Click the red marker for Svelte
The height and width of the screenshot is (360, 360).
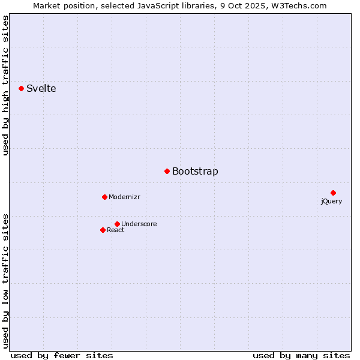[x=21, y=88]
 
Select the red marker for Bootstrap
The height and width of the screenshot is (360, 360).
[x=167, y=171]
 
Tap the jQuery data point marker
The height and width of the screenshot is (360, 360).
[x=333, y=193]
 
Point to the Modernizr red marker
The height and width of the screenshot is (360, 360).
[x=104, y=197]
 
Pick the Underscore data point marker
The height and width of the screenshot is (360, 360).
[x=117, y=224]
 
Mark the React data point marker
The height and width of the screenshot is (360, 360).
[x=103, y=230]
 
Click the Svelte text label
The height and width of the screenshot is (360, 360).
[x=41, y=88]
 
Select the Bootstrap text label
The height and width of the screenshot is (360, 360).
[x=195, y=171]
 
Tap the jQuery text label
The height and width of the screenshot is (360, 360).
[x=331, y=201]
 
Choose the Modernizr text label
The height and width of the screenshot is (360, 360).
[x=124, y=197]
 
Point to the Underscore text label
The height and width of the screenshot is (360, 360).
[x=139, y=224]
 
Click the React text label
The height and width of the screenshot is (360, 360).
[x=116, y=230]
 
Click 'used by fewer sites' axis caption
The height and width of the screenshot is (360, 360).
[x=62, y=355]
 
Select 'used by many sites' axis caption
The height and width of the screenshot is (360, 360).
[x=301, y=355]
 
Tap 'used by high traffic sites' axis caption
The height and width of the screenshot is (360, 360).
[x=6, y=85]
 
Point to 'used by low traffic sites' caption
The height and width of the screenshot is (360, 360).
[x=6, y=280]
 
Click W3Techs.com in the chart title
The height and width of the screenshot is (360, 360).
[x=298, y=5]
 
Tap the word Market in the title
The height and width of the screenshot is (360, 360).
[x=47, y=5]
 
